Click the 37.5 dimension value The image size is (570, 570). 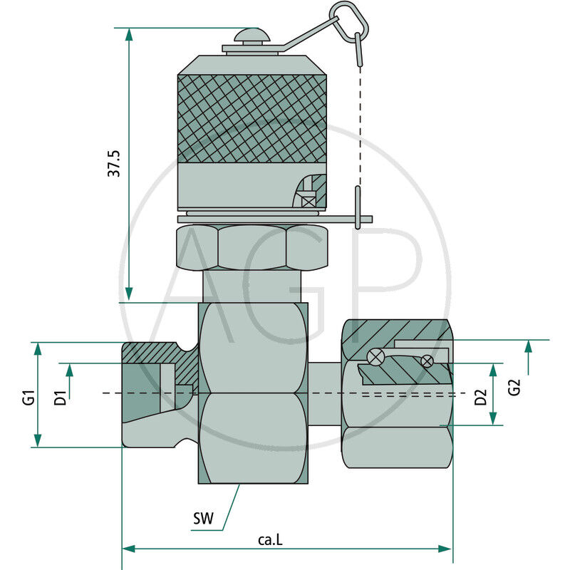coord(114,163)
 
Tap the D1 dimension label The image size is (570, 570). coord(61,397)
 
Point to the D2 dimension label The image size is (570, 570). coord(480,397)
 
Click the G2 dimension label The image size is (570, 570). coord(515,388)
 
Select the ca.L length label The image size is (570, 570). coord(271,540)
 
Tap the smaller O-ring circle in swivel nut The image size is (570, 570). coord(427,361)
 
